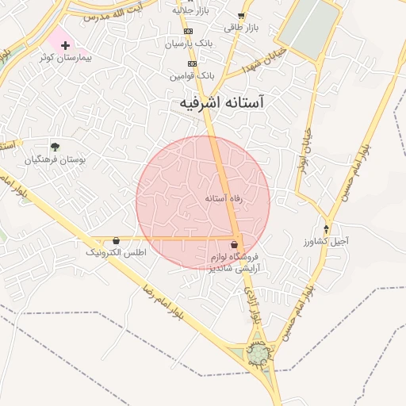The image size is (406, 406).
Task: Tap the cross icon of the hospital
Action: pos(65,45)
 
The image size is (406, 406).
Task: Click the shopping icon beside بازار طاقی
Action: pos(241,15)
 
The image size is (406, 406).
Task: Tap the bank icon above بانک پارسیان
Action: pos(189,32)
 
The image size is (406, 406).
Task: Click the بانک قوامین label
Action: pos(192,75)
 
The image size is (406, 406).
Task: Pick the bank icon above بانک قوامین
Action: pos(192,63)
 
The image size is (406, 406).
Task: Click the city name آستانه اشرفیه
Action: pos(222,103)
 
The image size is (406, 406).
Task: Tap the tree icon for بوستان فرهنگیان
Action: pos(55,147)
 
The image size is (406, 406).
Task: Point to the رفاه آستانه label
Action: pos(223,197)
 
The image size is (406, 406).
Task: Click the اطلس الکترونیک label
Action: pos(117,252)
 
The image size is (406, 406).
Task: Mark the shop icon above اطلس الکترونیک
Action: pos(117,240)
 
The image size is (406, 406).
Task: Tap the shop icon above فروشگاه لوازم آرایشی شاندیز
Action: pos(234,243)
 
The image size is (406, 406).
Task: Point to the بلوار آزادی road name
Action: pos(255,305)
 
